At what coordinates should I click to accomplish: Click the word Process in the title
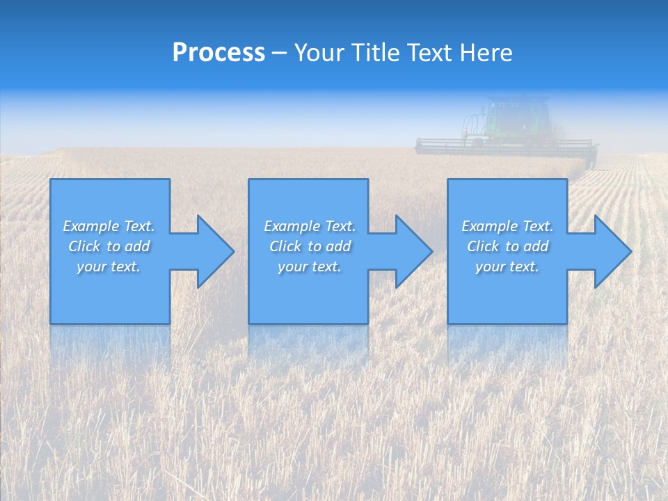[218, 53]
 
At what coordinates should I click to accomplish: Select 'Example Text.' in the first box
[109, 226]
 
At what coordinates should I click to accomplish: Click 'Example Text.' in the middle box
[310, 226]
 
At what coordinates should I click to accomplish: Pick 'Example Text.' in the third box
[507, 226]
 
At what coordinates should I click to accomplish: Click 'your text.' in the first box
[109, 267]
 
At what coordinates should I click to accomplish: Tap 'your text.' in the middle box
[310, 267]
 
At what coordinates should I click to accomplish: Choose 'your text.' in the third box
[507, 267]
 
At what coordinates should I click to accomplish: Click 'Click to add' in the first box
[109, 246]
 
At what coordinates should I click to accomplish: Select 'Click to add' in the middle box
[310, 246]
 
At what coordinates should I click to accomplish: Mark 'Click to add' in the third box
[507, 246]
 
